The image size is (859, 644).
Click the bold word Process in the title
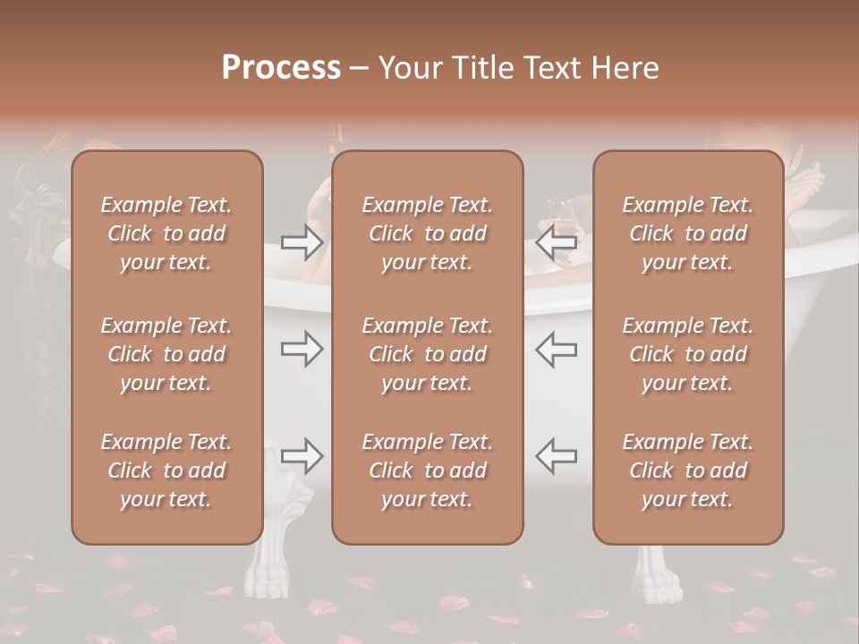[281, 68]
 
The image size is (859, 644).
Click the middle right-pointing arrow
[302, 349]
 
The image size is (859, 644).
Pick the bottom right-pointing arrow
[302, 456]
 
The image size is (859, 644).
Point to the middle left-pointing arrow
[556, 349]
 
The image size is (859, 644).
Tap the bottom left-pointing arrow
[556, 456]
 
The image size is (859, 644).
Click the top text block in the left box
[166, 233]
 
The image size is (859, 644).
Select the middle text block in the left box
[166, 354]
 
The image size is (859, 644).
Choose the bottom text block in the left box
[166, 470]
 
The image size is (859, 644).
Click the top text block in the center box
[428, 233]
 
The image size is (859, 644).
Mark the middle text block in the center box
[428, 354]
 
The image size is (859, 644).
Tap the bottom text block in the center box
[428, 470]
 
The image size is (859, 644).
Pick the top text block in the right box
[688, 233]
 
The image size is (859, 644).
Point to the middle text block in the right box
[688, 354]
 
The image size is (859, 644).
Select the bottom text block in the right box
[688, 470]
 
